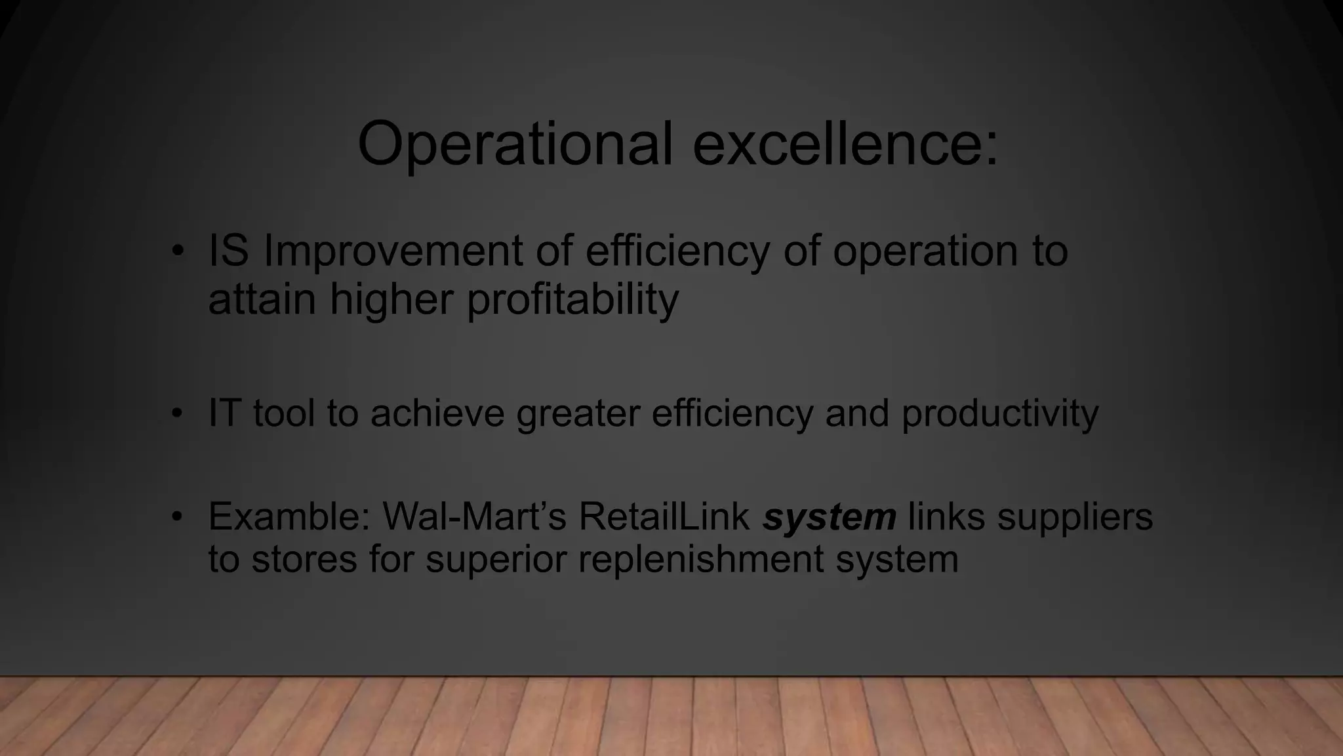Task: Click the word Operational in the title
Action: point(515,144)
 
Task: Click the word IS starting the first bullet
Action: point(228,251)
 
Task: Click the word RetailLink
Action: point(664,516)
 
